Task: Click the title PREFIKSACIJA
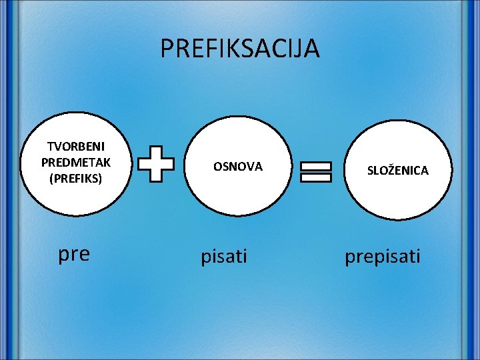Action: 240,49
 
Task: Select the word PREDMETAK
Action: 75,163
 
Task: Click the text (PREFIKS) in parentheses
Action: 75,178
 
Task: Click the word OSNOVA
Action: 238,167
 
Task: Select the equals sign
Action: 316,171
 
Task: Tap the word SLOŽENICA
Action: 398,171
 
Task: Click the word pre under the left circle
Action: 74,255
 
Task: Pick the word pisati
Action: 224,256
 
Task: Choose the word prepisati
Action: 383,257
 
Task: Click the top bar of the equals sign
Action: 316,165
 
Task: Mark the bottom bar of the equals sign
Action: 316,177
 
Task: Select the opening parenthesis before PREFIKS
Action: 51,179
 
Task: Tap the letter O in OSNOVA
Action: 217,167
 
